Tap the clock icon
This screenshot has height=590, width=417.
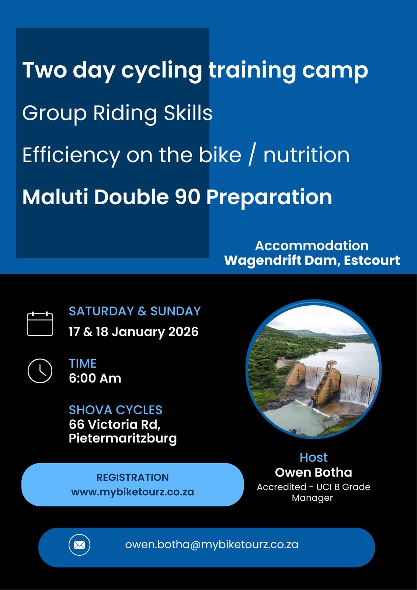point(40,371)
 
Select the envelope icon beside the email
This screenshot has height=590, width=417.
point(79,545)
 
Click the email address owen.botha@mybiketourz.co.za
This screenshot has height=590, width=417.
point(212,544)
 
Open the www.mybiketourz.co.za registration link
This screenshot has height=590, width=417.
point(132,492)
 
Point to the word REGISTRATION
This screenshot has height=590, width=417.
point(132,477)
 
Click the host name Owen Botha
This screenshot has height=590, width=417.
point(313,472)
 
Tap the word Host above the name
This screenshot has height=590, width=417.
point(313,458)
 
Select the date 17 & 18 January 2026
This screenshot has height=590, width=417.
point(133,332)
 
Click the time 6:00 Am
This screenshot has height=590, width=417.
point(95,378)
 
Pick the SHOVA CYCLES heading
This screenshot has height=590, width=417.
point(116,410)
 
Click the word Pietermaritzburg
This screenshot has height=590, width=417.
point(123,439)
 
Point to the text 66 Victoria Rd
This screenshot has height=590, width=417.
point(115,424)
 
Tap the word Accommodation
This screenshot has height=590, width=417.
point(312,246)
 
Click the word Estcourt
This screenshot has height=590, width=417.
point(372,260)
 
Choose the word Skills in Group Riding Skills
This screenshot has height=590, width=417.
point(188,113)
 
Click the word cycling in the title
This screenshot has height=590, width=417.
point(161,70)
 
